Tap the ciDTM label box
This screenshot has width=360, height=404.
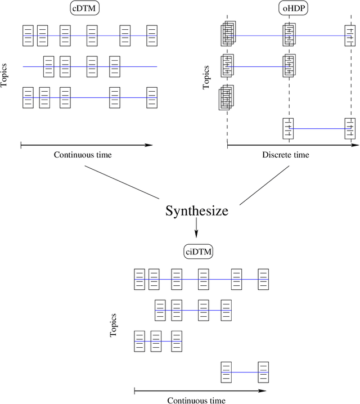198,252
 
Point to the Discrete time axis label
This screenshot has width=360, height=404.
286,155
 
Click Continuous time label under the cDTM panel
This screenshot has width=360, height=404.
83,155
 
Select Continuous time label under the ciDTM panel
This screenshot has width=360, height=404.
196,400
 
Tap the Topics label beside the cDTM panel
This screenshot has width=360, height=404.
5,74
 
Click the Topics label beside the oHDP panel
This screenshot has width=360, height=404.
206,79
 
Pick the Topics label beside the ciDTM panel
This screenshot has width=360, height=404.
114,325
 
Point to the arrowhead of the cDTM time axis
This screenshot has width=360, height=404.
148,145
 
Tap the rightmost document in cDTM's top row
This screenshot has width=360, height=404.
151,35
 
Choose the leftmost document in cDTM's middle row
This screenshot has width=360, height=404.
49,66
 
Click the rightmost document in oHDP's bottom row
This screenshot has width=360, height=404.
349,128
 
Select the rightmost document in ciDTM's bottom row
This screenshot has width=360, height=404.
263,372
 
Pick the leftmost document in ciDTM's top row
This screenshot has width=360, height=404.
140,279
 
